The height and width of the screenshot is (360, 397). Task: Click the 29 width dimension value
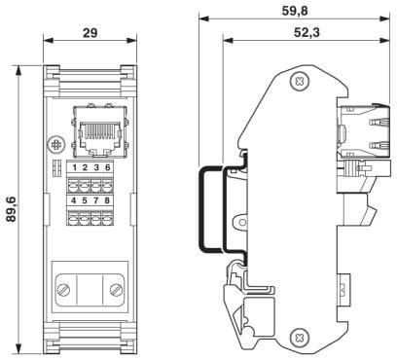tap(90, 33)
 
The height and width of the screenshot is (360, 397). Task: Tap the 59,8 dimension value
tap(295, 11)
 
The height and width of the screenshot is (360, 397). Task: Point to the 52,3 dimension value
tap(307, 32)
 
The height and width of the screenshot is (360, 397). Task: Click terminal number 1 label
tap(75, 167)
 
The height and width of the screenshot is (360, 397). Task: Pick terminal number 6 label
tap(107, 167)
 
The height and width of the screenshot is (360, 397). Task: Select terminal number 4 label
tap(74, 200)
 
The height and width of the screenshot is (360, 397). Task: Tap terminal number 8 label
tap(107, 200)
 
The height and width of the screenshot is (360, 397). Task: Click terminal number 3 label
tap(96, 167)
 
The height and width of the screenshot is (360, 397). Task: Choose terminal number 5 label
tap(85, 200)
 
